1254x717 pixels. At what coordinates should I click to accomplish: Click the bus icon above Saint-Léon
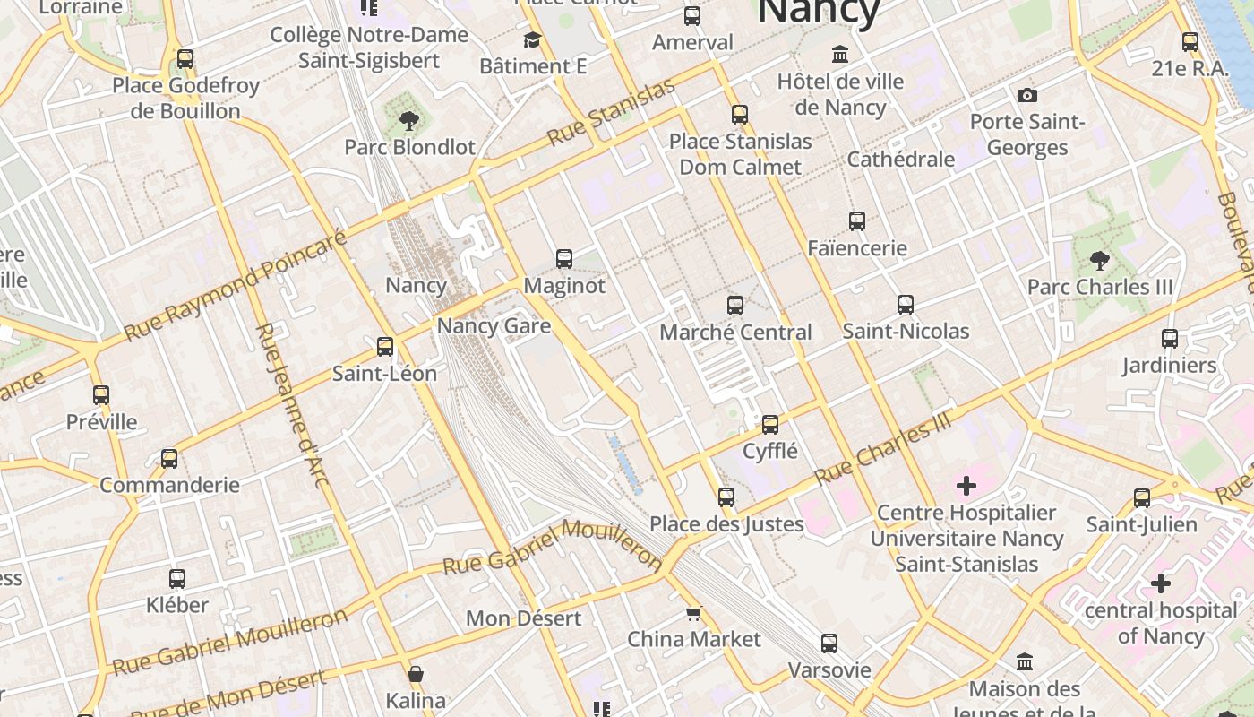click(385, 346)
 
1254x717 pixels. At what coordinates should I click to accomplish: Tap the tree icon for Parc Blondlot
click(409, 120)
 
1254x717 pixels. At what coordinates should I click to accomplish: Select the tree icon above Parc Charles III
click(1100, 261)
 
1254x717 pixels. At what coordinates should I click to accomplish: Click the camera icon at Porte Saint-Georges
click(1027, 95)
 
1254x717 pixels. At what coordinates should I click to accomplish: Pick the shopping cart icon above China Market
click(693, 613)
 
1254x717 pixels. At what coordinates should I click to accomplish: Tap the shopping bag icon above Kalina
click(416, 674)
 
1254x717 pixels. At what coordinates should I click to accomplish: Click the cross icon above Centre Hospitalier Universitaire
click(966, 486)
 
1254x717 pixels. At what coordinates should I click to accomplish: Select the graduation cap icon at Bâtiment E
click(533, 40)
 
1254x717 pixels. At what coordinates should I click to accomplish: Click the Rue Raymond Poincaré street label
click(235, 285)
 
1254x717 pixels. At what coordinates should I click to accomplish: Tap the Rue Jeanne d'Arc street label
click(292, 405)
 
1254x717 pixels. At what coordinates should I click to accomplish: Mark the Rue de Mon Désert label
click(229, 694)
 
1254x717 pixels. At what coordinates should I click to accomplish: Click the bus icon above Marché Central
click(735, 306)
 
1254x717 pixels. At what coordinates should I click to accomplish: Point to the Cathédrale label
click(900, 160)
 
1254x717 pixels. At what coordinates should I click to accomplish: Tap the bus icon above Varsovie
click(829, 643)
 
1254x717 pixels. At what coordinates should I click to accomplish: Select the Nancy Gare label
click(494, 325)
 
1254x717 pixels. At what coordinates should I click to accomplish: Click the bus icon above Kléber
click(177, 579)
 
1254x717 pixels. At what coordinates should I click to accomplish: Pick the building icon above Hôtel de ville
click(840, 55)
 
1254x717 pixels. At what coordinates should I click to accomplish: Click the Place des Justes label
click(726, 523)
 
